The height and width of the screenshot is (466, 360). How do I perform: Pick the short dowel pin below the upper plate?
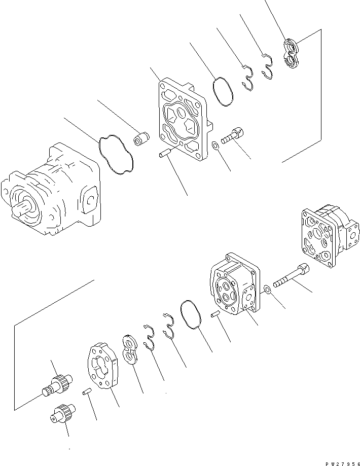tap(166, 152)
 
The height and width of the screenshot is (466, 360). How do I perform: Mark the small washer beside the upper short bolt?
tap(216, 146)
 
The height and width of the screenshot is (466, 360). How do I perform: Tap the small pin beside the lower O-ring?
tap(214, 315)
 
